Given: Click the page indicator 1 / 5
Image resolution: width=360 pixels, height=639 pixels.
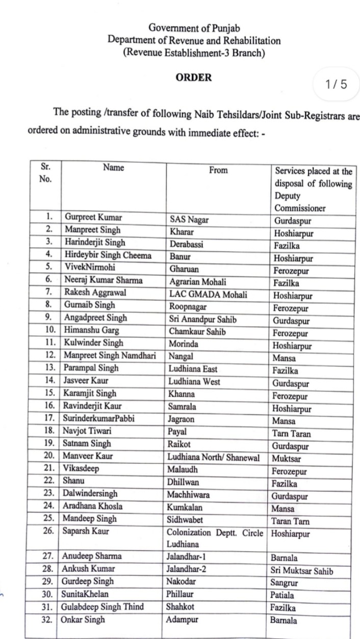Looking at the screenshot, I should click(336, 84).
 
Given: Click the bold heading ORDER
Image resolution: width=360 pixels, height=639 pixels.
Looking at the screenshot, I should click(193, 78).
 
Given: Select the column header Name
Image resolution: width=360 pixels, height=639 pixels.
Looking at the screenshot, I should click(113, 167).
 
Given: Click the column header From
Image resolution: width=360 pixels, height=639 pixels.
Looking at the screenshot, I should click(218, 171).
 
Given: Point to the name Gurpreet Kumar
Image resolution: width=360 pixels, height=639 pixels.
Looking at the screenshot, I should click(93, 217).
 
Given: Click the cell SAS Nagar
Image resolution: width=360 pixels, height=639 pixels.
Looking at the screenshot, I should click(189, 220).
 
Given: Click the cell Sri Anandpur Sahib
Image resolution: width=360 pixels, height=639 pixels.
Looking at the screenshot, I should click(203, 318).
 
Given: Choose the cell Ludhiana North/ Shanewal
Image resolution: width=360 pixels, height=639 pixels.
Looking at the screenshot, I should click(216, 456).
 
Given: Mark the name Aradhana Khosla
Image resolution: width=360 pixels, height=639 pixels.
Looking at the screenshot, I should click(93, 506).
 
